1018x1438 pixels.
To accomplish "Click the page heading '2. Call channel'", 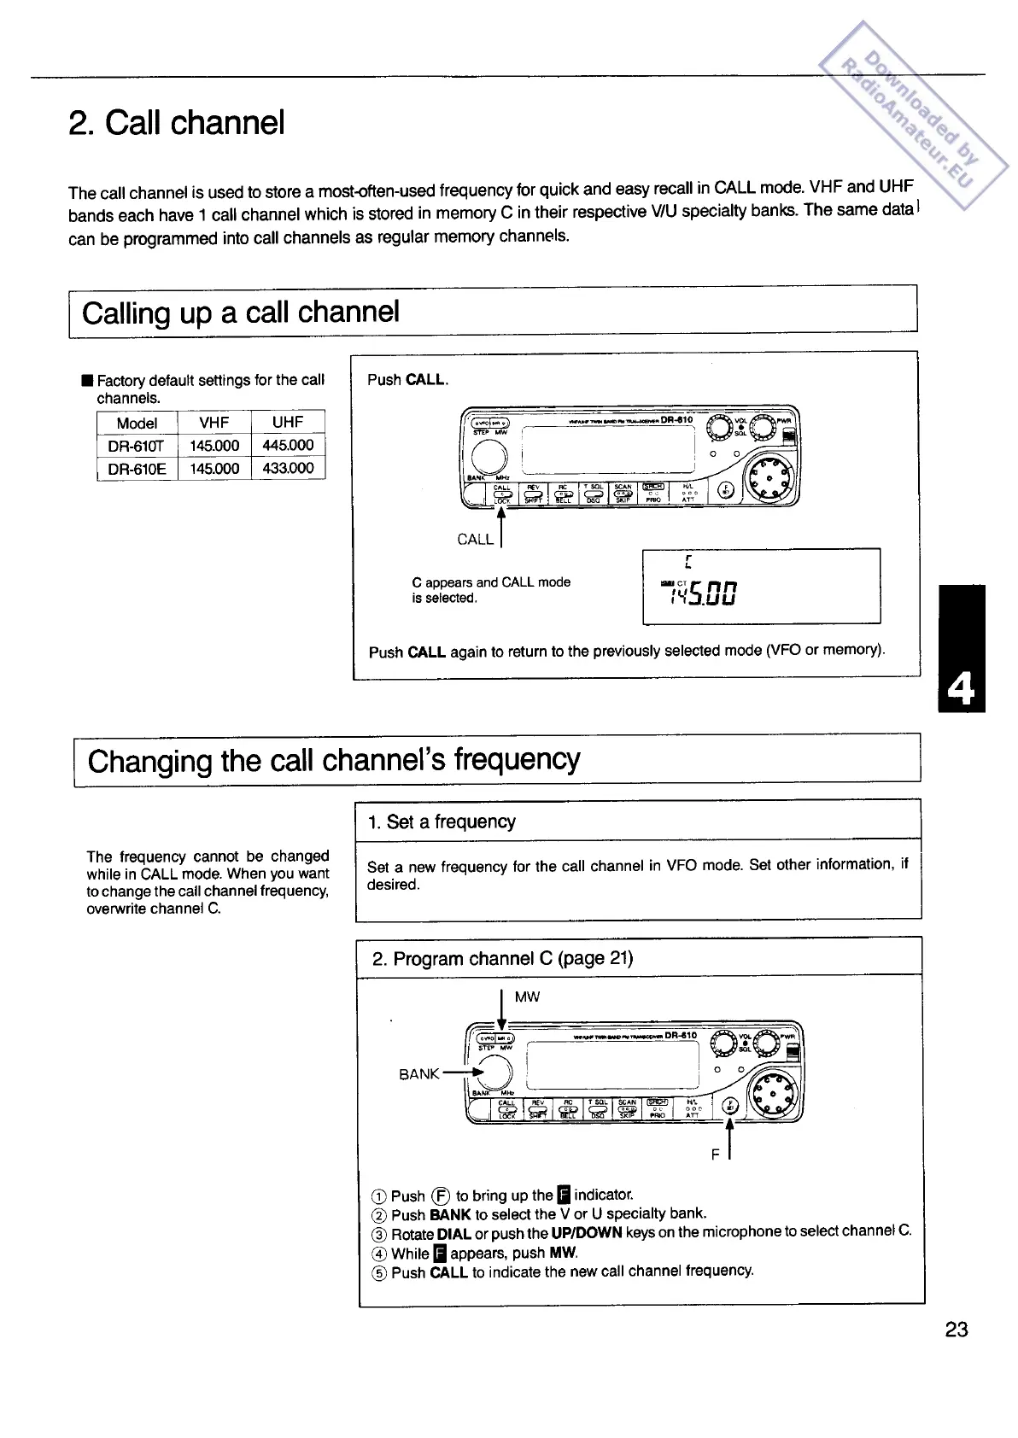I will tap(176, 123).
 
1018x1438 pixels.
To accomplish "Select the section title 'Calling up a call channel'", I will tap(241, 313).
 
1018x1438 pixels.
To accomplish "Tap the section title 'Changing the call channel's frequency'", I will tap(334, 760).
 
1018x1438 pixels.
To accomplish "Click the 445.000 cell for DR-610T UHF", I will tap(288, 445).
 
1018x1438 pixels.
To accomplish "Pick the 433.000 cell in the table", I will tap(288, 468).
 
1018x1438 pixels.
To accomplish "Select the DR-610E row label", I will tap(137, 469).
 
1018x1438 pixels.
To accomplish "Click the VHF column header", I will tap(214, 422).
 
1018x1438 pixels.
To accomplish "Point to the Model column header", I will tap(137, 423).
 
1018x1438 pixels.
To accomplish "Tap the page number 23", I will tap(957, 1330).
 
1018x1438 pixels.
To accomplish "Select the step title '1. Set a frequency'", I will tap(442, 821).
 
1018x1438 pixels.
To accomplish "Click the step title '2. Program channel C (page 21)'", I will tap(502, 958).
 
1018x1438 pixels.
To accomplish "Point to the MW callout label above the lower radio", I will tap(527, 997).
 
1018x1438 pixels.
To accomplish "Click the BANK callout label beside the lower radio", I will tap(419, 1073).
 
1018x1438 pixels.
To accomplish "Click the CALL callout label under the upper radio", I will tap(475, 539).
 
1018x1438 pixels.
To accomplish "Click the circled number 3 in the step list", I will tap(380, 1234).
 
